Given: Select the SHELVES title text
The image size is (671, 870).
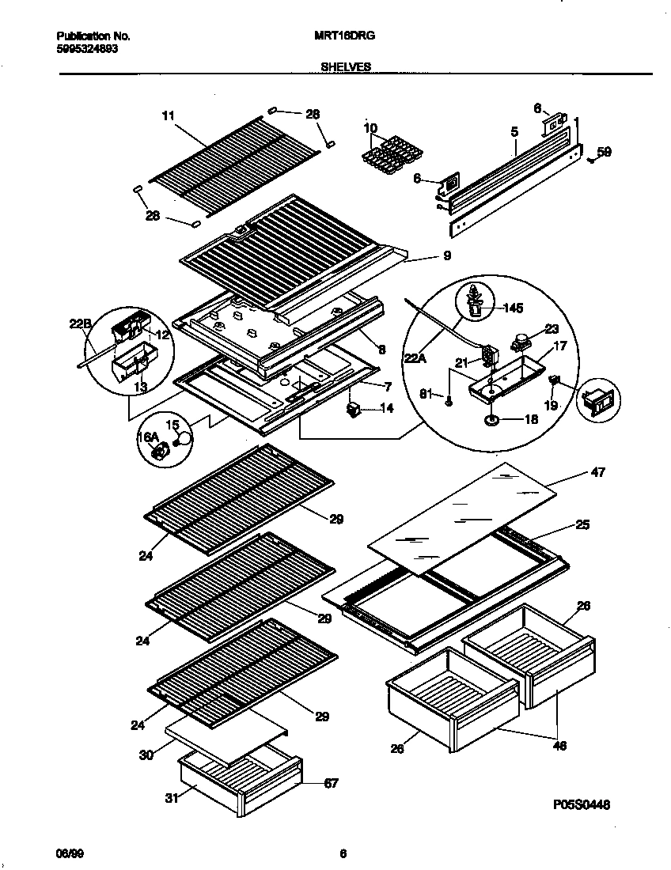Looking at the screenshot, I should point(345,67).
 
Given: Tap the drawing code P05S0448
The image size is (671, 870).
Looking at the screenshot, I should point(581,804).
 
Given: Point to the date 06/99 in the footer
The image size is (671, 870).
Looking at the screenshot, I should point(69,853).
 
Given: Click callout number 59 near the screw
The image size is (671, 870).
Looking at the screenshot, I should point(604,152).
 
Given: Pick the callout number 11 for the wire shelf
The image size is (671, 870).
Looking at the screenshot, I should point(167,115).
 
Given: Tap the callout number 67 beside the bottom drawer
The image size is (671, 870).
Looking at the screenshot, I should point(331,783).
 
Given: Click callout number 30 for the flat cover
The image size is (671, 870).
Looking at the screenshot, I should point(146,755).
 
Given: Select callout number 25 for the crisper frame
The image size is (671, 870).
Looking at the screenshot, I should point(582,524).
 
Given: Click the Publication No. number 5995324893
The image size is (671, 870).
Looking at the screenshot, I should point(87,48).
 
